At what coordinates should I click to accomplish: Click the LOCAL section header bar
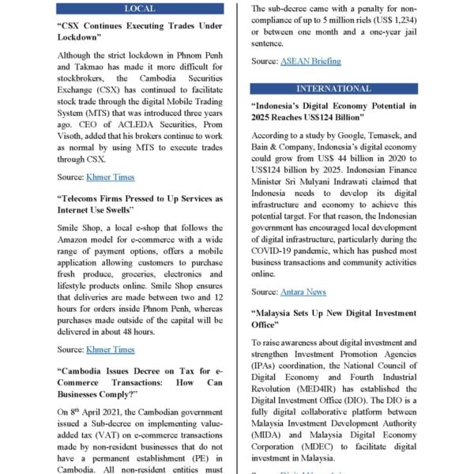coord(141,9)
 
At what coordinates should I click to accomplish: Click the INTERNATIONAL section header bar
coord(333,88)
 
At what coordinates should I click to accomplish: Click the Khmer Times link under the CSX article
coord(111,177)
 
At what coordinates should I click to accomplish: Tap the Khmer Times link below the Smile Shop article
coord(111,349)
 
